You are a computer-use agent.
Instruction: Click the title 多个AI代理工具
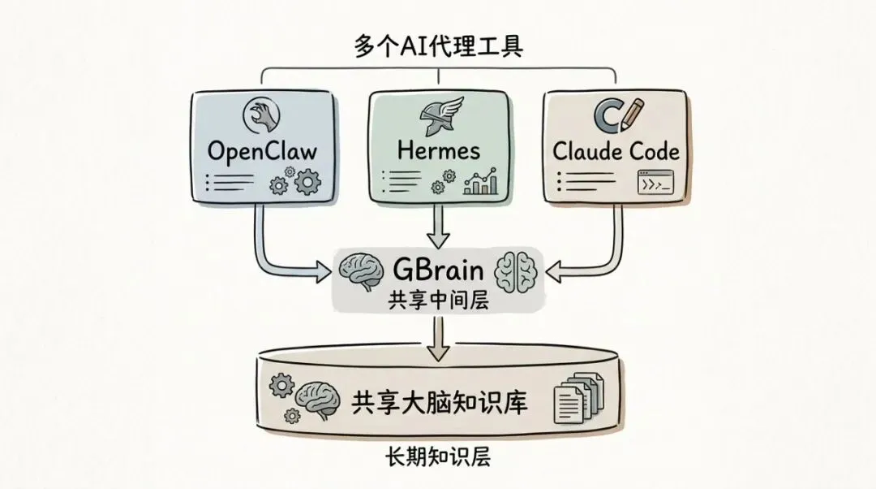438,46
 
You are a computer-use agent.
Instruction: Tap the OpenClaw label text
262,151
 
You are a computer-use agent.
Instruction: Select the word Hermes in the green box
438,150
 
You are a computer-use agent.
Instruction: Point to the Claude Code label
616,150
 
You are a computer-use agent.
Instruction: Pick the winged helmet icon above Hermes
439,117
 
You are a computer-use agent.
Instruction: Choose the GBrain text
439,269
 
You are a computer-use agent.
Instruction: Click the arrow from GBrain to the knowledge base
439,340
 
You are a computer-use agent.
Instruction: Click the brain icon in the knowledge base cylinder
316,398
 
